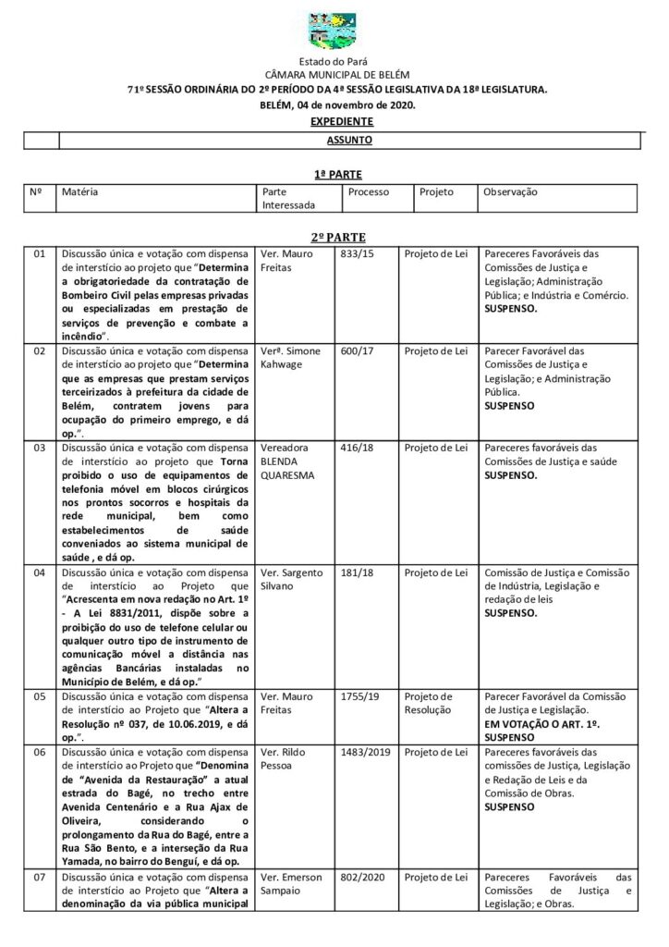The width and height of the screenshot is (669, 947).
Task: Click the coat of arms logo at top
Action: coord(335,31)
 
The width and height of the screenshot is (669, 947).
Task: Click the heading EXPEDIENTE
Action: coord(342,121)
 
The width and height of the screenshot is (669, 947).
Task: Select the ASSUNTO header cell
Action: coord(349,141)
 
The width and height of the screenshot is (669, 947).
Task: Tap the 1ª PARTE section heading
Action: coord(337,174)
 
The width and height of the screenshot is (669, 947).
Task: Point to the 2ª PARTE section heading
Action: coord(337,238)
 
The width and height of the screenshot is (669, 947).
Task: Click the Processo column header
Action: coord(369,192)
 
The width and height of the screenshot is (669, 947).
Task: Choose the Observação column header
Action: coord(511,192)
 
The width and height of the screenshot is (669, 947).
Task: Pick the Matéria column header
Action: coord(80,192)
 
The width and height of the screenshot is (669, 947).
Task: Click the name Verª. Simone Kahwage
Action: coord(289,358)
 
